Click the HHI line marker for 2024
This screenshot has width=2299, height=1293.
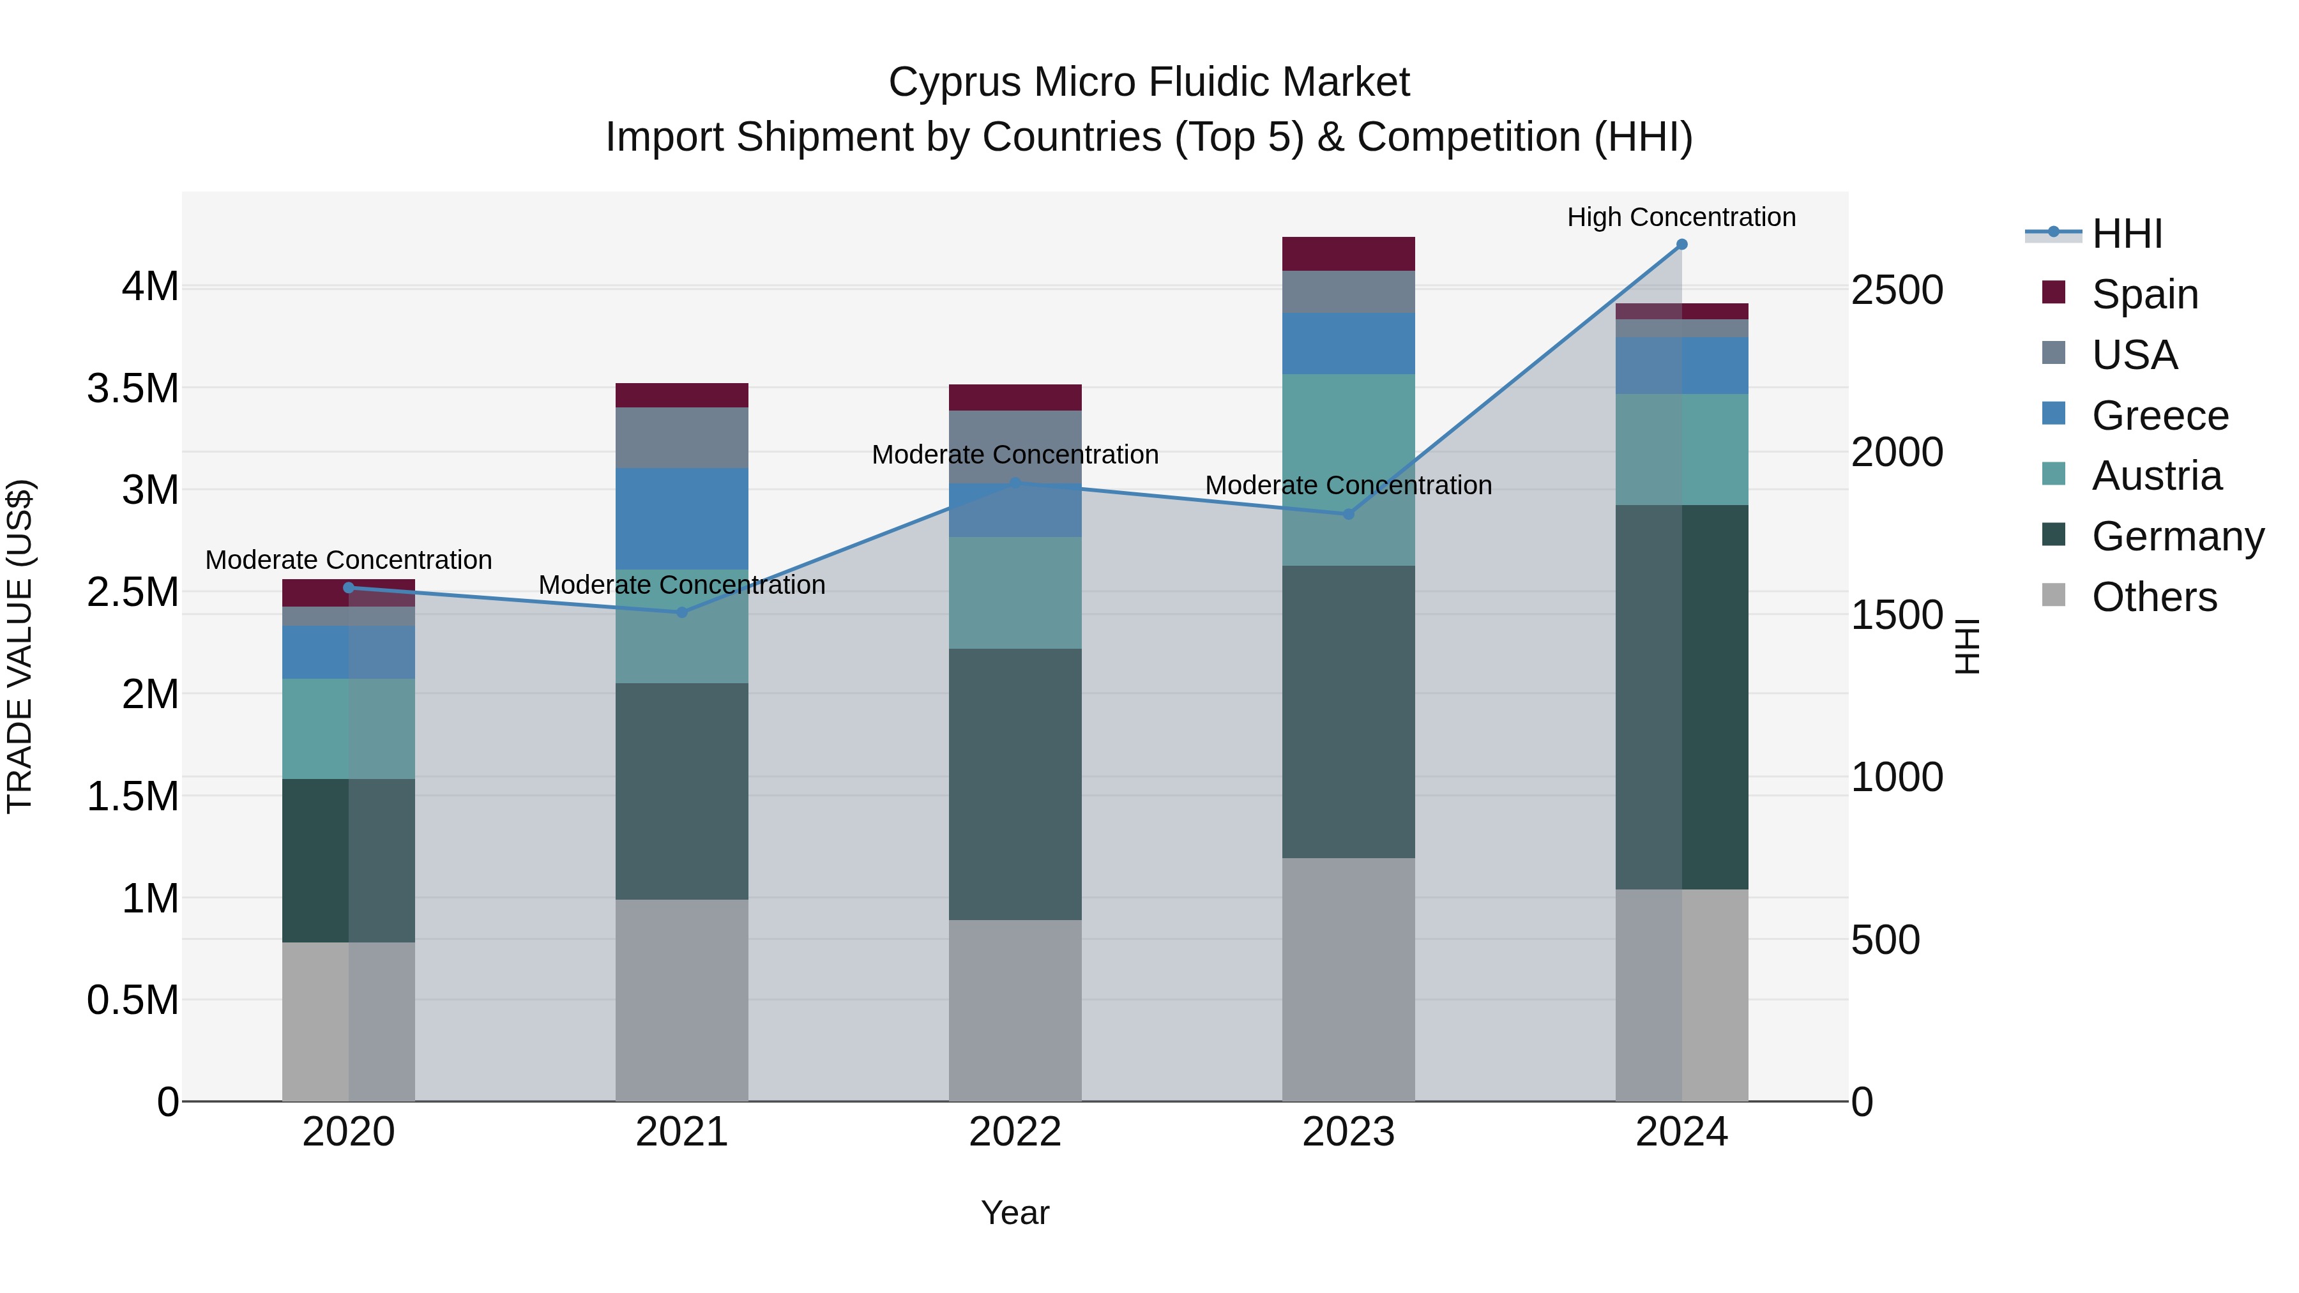[1681, 245]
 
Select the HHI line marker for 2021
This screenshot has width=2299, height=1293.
[682, 612]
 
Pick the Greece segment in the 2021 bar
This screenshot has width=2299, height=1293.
[682, 518]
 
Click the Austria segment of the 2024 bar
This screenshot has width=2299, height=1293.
[1681, 449]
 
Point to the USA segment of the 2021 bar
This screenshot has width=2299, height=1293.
[682, 437]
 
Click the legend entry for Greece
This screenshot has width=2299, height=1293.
[2159, 416]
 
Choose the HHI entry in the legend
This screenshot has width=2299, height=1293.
[2126, 234]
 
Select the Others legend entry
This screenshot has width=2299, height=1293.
[2153, 597]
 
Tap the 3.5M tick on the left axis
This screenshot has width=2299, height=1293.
[132, 389]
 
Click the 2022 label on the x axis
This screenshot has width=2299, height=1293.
[1015, 1132]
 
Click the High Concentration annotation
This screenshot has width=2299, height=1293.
[1681, 217]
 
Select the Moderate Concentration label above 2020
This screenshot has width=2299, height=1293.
[348, 559]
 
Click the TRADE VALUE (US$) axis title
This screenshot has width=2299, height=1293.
[20, 646]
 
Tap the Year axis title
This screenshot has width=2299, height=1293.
[1015, 1213]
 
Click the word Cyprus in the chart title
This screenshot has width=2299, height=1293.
[941, 82]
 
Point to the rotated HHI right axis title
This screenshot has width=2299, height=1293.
[1966, 646]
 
